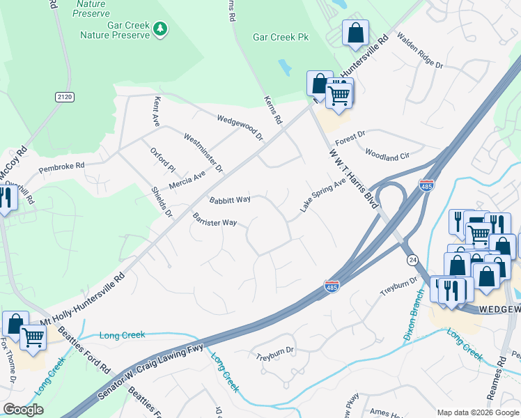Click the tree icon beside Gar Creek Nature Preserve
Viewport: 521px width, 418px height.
[x=161, y=29]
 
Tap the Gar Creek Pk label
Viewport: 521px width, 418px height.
[x=281, y=37]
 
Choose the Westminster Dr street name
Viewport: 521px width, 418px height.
[x=203, y=153]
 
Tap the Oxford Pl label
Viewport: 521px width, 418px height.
[x=163, y=159]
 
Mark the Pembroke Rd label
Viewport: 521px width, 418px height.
[x=61, y=166]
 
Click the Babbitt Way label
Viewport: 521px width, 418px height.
[x=230, y=199]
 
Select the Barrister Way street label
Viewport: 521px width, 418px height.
[x=215, y=219]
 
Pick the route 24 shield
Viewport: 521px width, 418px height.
[x=412, y=260]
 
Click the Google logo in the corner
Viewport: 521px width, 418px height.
[x=23, y=410]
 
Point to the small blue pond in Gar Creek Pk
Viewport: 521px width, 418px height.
[x=285, y=68]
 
